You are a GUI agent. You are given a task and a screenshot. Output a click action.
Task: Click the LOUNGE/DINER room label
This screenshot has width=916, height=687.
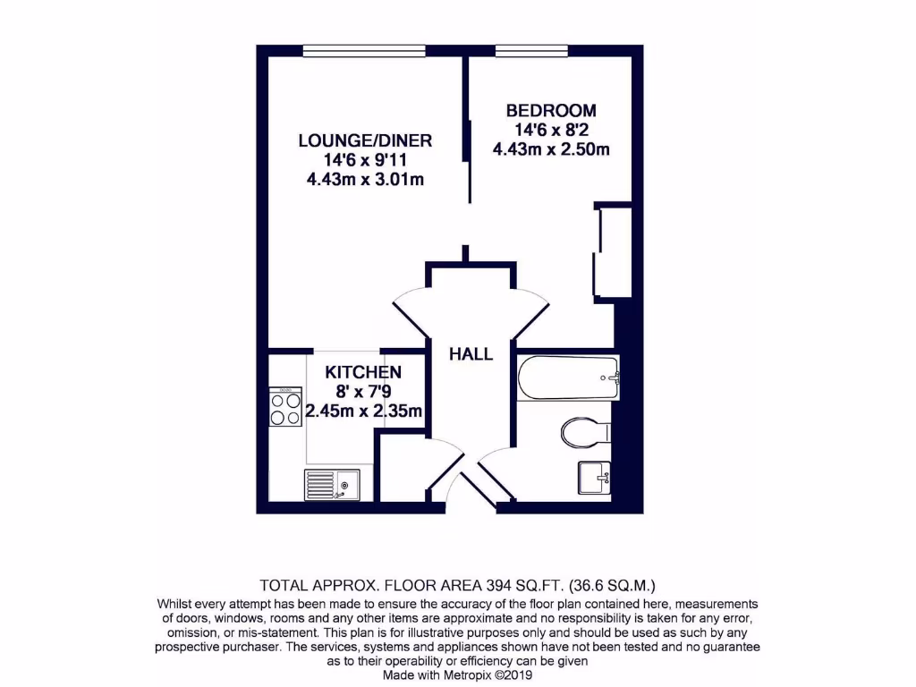(x=365, y=140)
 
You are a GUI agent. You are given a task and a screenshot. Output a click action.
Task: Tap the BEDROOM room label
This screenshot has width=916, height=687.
(x=551, y=111)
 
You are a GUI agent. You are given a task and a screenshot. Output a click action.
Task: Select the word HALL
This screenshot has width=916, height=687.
(x=471, y=354)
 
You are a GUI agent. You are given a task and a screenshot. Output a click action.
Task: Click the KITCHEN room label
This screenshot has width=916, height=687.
(x=362, y=372)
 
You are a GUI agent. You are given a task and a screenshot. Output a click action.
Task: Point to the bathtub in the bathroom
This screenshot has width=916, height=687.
(x=567, y=377)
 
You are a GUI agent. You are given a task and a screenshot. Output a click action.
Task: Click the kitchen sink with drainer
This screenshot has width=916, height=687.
(x=332, y=485)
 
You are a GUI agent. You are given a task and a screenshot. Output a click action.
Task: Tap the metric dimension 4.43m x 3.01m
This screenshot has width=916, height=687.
(x=365, y=180)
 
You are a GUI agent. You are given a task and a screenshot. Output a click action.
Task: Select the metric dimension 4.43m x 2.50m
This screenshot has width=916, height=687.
(x=551, y=149)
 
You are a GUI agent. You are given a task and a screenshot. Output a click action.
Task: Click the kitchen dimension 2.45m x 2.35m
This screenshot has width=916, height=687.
(x=363, y=411)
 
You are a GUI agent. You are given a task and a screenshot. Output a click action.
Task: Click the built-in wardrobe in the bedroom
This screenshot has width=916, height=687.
(x=613, y=251)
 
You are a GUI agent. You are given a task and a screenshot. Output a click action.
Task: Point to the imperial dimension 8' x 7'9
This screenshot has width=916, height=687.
(x=363, y=392)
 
